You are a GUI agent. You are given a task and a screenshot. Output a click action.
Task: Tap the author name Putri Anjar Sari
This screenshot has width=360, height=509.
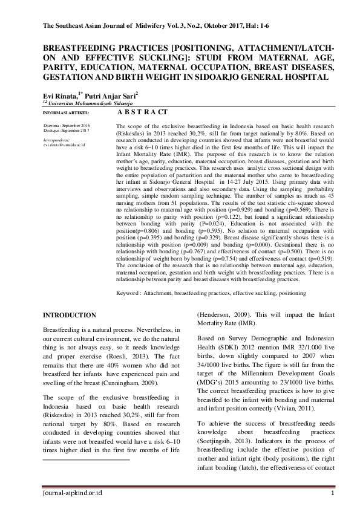(113, 96)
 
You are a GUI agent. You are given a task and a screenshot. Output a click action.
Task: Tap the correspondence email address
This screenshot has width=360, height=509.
(64, 145)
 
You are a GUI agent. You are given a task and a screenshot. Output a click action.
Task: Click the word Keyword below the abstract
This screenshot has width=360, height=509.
(127, 293)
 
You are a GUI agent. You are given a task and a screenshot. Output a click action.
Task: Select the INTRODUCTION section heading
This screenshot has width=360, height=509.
(69, 315)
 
